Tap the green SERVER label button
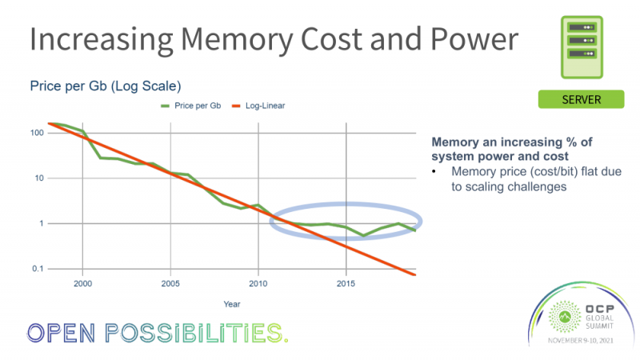[x=580, y=99]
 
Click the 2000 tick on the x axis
[x=82, y=284]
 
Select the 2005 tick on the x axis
[x=170, y=284]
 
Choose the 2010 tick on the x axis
[x=258, y=284]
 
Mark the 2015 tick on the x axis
[x=346, y=284]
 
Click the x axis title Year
[x=231, y=304]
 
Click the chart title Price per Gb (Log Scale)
[x=105, y=86]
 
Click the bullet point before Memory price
[x=434, y=171]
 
